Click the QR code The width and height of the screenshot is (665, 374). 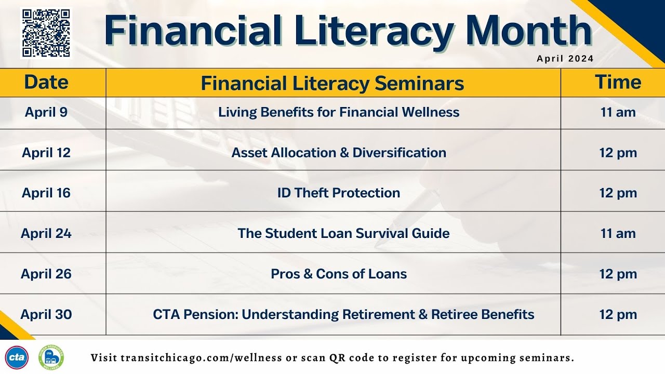pos(46,32)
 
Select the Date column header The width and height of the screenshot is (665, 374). pos(46,83)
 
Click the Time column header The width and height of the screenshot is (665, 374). pos(618,83)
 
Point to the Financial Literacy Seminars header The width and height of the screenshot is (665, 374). pos(332,83)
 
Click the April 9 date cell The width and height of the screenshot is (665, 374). pos(46,112)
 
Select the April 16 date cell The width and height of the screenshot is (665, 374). pos(46,193)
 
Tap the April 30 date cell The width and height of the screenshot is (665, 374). pos(46,314)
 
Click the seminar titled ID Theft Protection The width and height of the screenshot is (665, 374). pos(339,193)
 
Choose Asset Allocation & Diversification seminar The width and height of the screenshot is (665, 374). pos(339,153)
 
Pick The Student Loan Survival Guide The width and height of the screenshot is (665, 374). pos(343,233)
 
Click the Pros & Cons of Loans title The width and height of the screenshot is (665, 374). pos(339,274)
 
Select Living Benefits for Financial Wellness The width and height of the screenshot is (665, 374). pos(339,112)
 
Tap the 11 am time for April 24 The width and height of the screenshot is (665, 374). pos(618,233)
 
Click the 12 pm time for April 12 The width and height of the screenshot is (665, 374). pos(618,153)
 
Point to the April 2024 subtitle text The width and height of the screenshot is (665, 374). pos(565,59)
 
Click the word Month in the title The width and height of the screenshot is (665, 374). pos(529,31)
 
